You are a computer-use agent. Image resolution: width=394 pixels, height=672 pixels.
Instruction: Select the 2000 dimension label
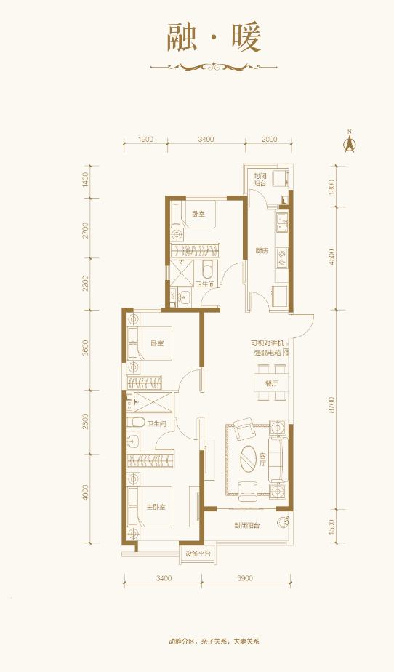(270, 139)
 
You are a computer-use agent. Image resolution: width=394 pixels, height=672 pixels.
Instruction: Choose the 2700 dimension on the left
(85, 230)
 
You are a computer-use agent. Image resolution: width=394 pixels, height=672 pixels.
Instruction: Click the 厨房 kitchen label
(262, 251)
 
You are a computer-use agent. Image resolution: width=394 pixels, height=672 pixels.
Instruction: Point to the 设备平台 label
(198, 554)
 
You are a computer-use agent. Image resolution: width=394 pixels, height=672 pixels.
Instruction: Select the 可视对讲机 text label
(267, 343)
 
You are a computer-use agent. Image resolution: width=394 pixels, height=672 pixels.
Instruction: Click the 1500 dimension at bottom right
(331, 526)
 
